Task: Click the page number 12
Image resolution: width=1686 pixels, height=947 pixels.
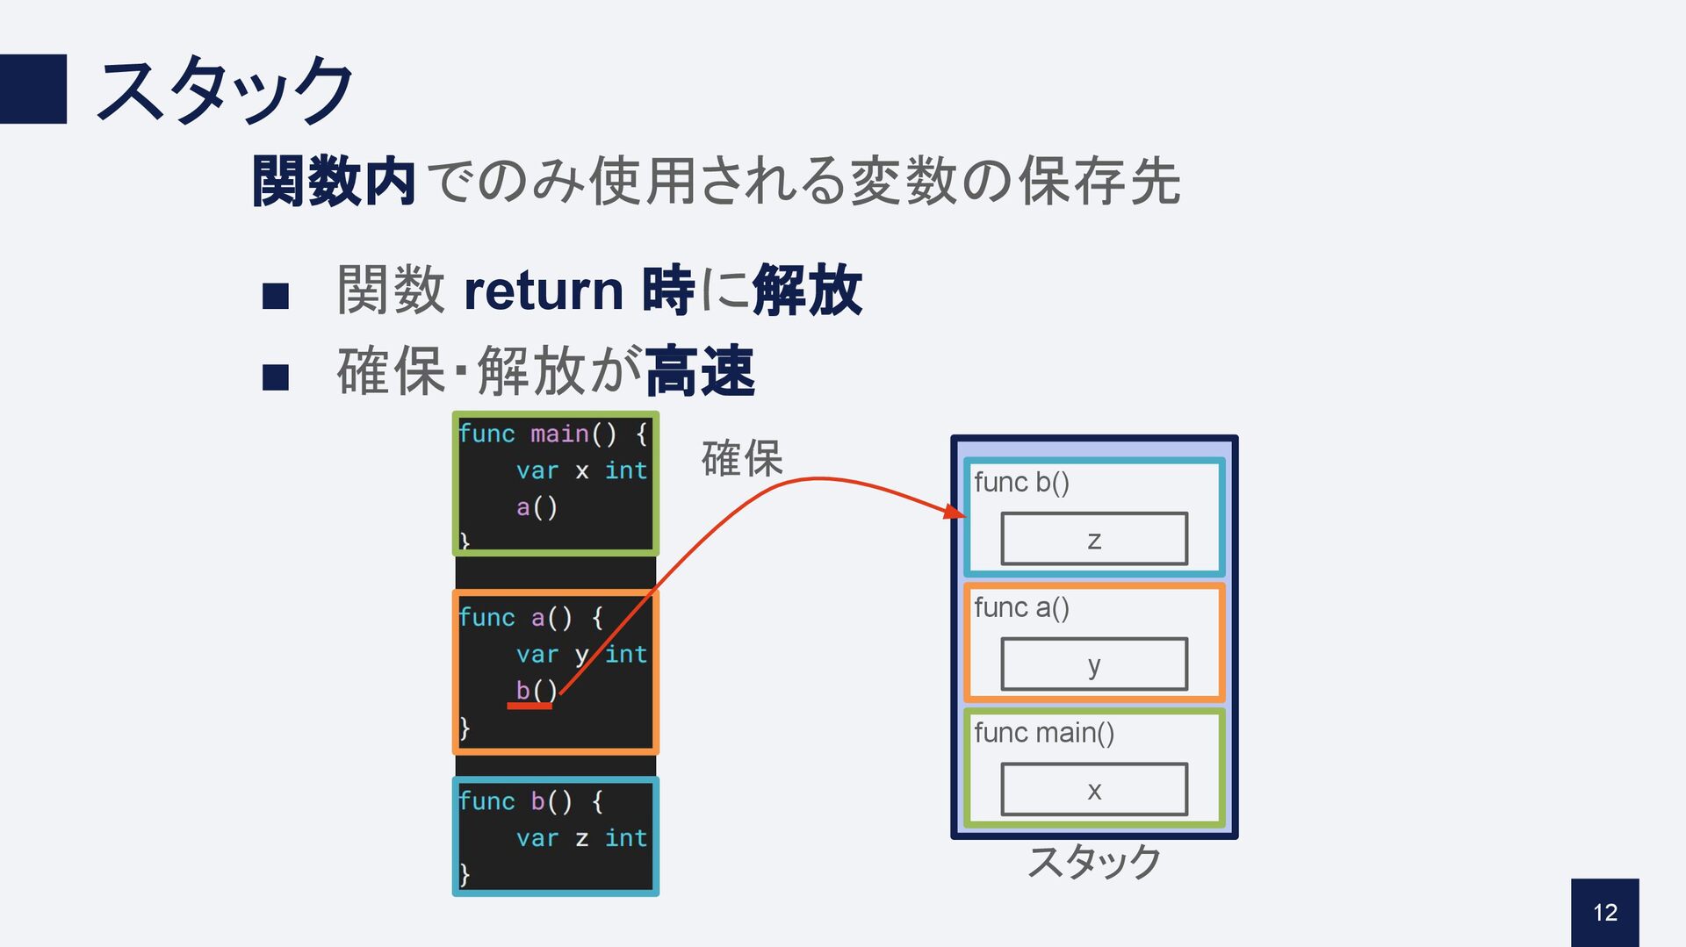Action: tap(1604, 913)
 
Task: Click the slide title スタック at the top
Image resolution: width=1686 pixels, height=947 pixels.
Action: tap(225, 90)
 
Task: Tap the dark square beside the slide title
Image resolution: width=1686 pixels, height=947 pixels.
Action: tap(33, 89)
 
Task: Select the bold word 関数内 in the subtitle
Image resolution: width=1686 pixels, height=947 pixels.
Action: tap(334, 182)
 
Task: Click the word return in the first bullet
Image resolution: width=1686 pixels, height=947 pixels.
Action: tap(543, 291)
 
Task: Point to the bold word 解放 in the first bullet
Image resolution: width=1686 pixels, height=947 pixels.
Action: tap(807, 291)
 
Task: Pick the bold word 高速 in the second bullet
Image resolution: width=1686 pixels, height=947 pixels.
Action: tap(701, 372)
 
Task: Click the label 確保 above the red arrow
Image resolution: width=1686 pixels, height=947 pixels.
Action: tap(741, 458)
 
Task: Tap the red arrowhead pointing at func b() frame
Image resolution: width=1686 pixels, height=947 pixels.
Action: tap(955, 511)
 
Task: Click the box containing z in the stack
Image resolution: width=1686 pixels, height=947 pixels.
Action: tap(1094, 539)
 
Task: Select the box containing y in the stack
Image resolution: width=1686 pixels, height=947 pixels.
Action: tap(1094, 664)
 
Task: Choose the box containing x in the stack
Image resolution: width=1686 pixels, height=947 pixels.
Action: tap(1094, 790)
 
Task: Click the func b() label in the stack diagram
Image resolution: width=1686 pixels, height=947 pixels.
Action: tap(1021, 483)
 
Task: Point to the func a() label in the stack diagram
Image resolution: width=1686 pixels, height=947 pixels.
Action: tap(1021, 607)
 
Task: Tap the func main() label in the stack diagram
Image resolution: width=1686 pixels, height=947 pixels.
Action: tap(1044, 733)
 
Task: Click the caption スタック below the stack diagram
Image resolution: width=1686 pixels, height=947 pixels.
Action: tap(1094, 862)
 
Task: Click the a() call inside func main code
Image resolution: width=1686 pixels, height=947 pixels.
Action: tap(537, 507)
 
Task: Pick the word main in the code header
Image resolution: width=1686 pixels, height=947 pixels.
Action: tap(559, 434)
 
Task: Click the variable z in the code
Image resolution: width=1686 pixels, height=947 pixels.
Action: tap(581, 838)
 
